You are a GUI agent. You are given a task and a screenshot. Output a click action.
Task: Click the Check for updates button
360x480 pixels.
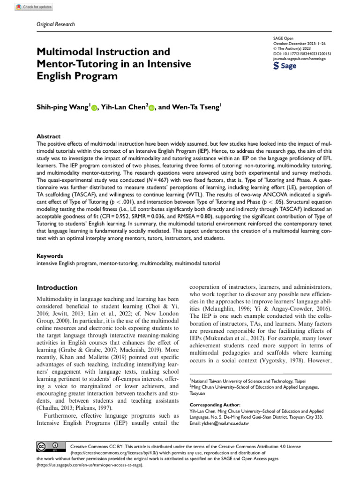coord(34,7)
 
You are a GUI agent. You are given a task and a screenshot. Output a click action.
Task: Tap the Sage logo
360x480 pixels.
coord(285,66)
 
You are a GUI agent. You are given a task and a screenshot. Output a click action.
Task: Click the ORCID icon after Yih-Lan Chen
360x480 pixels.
coord(152,109)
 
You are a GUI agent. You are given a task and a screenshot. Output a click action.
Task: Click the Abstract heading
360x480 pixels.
coord(49,136)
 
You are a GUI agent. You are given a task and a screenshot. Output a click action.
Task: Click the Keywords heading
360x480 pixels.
coord(50,256)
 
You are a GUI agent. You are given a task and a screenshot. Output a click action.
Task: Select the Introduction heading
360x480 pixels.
coord(57,287)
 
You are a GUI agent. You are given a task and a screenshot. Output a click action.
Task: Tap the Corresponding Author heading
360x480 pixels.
coord(215,405)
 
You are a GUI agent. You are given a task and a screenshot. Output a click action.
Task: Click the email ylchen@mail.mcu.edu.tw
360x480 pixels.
coord(219,423)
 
